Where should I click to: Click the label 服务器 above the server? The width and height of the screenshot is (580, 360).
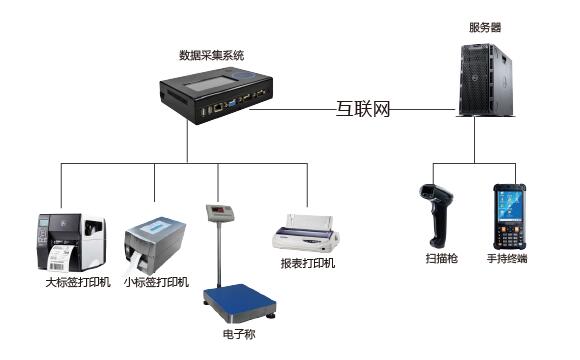[485, 27]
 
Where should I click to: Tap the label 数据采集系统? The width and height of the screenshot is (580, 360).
[212, 55]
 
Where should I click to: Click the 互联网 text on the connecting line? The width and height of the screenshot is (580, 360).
[363, 109]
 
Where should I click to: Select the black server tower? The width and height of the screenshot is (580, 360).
[486, 80]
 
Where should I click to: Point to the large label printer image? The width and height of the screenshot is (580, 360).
[72, 242]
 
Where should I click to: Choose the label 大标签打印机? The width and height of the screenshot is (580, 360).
[78, 283]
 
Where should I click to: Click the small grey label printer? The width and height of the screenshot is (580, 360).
[155, 245]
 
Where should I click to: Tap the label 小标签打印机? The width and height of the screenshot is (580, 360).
[156, 283]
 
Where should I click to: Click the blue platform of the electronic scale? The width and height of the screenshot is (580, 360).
[240, 299]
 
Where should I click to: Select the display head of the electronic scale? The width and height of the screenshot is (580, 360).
[220, 212]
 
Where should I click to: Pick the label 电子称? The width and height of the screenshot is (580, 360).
[239, 334]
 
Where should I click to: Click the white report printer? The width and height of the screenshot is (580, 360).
[306, 233]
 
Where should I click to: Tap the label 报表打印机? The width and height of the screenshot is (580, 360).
[308, 263]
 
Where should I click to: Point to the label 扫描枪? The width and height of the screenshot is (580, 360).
[442, 258]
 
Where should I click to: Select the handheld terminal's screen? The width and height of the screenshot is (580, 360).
[509, 206]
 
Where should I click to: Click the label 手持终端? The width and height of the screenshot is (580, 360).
[507, 258]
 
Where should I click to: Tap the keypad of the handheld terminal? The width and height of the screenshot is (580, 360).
[509, 235]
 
